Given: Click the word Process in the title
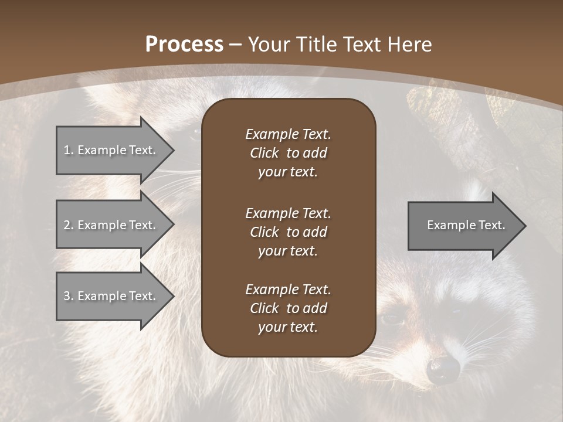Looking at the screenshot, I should (x=184, y=45).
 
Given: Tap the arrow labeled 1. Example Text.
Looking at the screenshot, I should (x=111, y=150).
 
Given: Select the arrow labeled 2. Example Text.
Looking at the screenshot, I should (x=111, y=225).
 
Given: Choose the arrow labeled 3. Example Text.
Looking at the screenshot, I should (x=111, y=296).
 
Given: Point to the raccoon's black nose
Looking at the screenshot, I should (x=443, y=369).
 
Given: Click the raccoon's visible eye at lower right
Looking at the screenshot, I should (x=391, y=319).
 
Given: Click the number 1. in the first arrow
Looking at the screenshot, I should (x=69, y=150).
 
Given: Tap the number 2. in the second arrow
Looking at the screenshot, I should (x=69, y=225).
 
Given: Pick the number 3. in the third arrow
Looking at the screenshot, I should (x=69, y=296).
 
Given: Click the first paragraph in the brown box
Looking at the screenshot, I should (x=288, y=153).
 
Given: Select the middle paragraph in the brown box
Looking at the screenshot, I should (x=288, y=232).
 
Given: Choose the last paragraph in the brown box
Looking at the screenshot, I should (x=288, y=308).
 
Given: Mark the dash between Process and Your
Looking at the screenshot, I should (x=236, y=45).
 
